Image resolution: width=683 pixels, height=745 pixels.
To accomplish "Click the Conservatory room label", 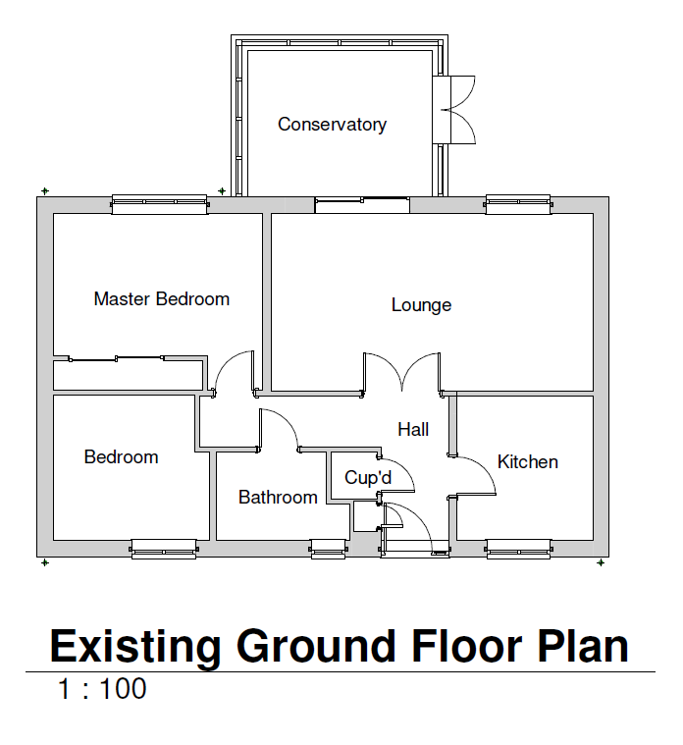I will (x=332, y=125).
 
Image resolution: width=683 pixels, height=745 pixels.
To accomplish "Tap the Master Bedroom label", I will (x=161, y=298).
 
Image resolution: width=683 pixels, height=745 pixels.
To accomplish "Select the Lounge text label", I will (x=421, y=304).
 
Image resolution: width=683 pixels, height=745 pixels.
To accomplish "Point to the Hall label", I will (x=413, y=429).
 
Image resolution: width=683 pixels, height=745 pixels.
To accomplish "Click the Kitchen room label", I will (x=527, y=461).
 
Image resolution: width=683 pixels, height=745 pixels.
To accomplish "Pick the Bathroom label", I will (x=278, y=498).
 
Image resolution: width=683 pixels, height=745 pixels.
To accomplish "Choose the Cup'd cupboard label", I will (x=368, y=478).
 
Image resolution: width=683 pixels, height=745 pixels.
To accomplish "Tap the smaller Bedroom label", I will (x=121, y=456).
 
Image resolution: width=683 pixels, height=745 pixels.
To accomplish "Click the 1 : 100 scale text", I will (x=102, y=689).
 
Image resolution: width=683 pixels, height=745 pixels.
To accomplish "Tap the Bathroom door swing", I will (x=279, y=430).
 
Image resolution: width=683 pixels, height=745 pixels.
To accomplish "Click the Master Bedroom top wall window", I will (x=160, y=204).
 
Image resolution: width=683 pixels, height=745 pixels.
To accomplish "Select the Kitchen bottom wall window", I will (x=519, y=549).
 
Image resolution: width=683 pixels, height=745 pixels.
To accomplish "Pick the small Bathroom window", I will (x=329, y=549).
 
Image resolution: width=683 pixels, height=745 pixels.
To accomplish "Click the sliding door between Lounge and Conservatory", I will (x=361, y=205).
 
